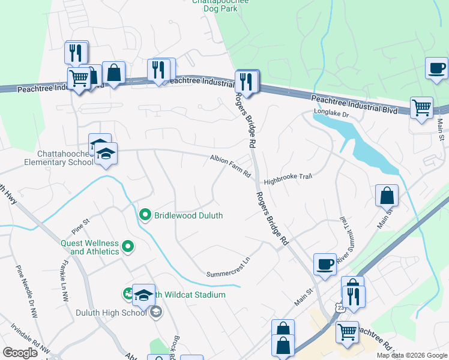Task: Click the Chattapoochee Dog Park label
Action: click(220, 6)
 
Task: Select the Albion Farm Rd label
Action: click(230, 166)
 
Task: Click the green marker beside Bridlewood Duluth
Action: click(145, 215)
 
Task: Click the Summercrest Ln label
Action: click(228, 264)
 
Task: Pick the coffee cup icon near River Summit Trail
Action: click(325, 264)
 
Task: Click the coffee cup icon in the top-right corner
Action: click(436, 67)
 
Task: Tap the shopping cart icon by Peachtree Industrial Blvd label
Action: click(422, 108)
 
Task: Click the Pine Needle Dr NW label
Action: click(26, 291)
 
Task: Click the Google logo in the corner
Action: click(19, 352)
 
